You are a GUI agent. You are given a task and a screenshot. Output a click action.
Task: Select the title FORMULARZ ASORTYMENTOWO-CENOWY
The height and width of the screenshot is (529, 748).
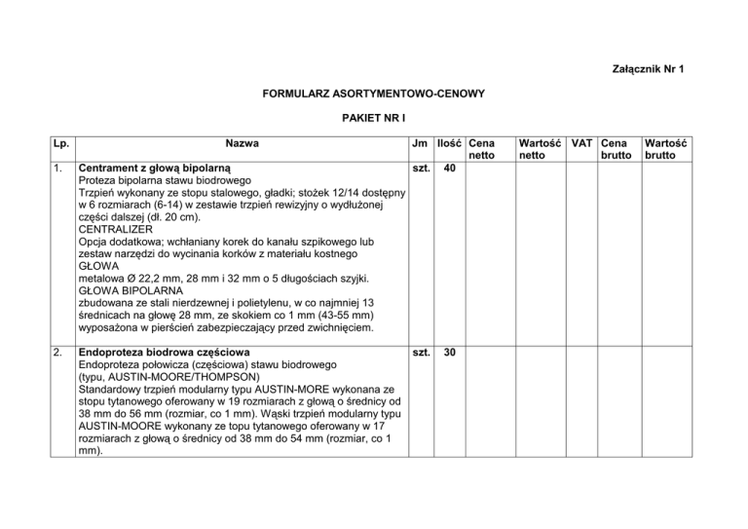(x=374, y=97)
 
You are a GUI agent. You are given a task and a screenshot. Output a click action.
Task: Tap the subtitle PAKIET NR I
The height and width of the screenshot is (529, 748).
(x=374, y=124)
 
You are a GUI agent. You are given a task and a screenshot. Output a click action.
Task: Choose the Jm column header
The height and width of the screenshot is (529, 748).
(x=421, y=143)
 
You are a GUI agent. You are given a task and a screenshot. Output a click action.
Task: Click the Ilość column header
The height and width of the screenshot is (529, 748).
(x=450, y=143)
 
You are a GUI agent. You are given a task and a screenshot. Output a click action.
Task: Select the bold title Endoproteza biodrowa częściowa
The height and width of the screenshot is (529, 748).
(x=164, y=352)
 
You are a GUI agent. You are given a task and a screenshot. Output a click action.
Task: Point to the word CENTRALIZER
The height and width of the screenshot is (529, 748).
(x=118, y=232)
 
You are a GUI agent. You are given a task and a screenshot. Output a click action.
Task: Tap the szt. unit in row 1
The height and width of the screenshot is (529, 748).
(x=421, y=169)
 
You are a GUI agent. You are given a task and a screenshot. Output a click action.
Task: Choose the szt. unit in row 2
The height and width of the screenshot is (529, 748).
(x=421, y=352)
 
